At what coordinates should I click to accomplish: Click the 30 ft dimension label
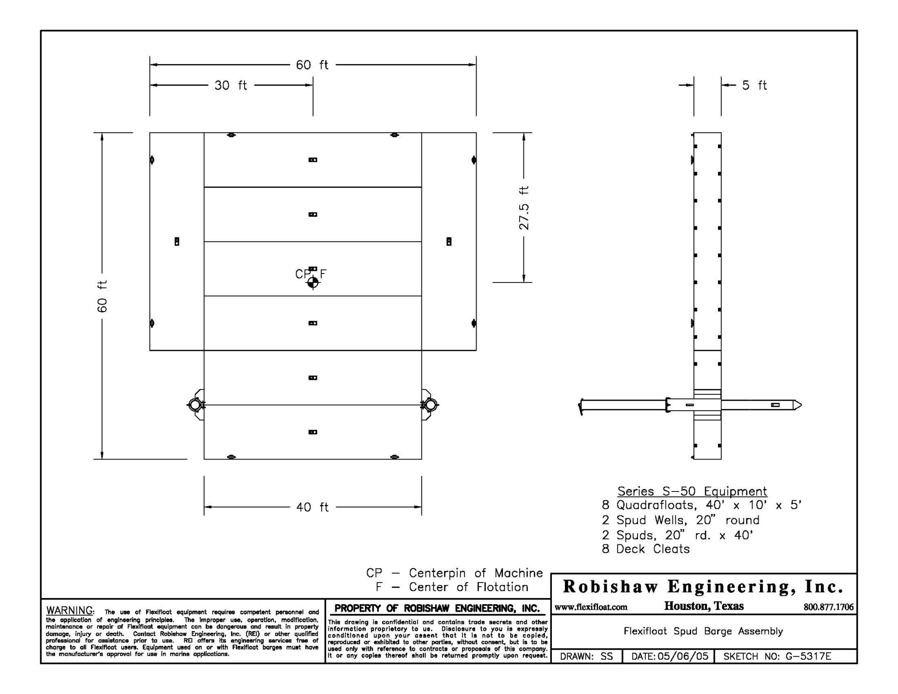[231, 86]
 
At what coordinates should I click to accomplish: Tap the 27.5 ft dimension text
[524, 208]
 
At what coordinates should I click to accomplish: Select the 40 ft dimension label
[312, 507]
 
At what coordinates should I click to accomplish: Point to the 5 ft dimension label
[754, 86]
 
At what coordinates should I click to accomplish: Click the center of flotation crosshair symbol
[313, 282]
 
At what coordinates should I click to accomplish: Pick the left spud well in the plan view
[195, 405]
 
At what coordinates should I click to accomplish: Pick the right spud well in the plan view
[431, 405]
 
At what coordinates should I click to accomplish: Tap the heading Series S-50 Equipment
[692, 491]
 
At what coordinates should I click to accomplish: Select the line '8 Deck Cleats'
[645, 549]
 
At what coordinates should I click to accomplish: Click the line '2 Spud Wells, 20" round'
[681, 520]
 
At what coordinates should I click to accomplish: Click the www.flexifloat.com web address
[591, 607]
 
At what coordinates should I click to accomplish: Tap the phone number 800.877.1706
[828, 607]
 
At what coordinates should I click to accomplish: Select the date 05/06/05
[683, 656]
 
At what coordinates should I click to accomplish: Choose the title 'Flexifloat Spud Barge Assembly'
[703, 631]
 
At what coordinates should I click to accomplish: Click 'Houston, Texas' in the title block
[703, 607]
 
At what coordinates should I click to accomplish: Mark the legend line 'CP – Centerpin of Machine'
[454, 573]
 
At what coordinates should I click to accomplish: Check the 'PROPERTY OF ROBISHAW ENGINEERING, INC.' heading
[437, 608]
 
